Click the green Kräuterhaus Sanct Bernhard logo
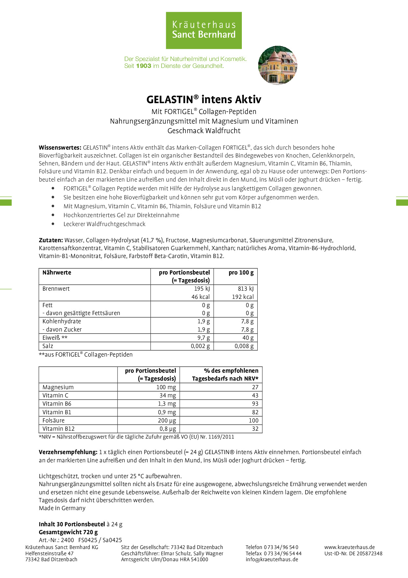click(x=204, y=30)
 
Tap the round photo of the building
click(x=278, y=65)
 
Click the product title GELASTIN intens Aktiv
click(x=204, y=100)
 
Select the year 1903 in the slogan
click(x=143, y=66)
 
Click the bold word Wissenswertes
click(x=60, y=148)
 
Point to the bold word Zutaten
click(x=51, y=240)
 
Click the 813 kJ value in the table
click(x=246, y=289)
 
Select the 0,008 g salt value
click(x=244, y=346)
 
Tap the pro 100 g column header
click(x=241, y=273)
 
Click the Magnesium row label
click(x=58, y=387)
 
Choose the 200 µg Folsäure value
click(x=167, y=420)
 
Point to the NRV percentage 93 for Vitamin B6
click(x=255, y=404)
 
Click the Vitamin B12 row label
click(x=58, y=429)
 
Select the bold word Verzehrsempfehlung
click(x=68, y=452)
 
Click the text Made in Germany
click(x=62, y=508)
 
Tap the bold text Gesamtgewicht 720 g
click(x=68, y=532)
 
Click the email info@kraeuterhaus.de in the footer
click(x=272, y=559)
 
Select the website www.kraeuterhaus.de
click(x=349, y=547)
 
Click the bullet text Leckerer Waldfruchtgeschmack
click(x=104, y=224)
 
